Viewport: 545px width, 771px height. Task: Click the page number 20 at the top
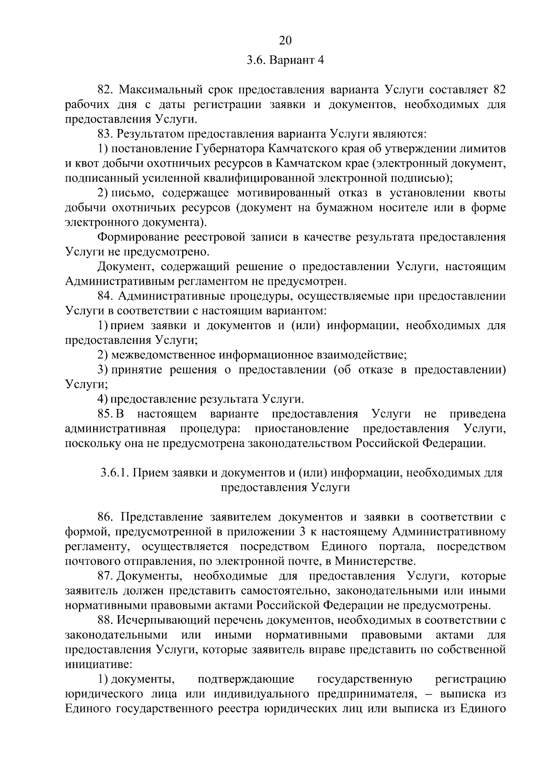(285, 41)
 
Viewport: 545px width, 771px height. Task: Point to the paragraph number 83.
(105, 134)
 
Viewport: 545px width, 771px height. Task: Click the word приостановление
(302, 429)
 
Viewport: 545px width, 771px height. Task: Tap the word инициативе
(98, 665)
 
